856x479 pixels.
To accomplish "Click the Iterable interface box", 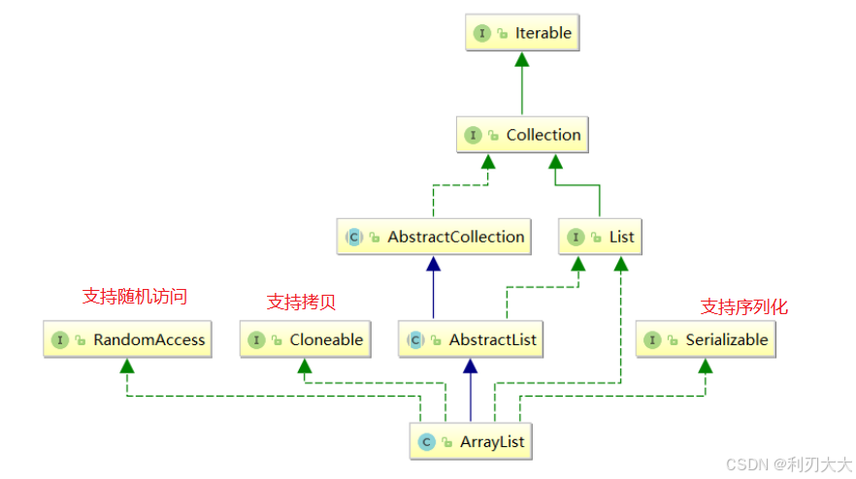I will pos(522,33).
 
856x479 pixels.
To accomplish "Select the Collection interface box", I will pos(522,135).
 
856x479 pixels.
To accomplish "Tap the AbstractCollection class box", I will pos(434,237).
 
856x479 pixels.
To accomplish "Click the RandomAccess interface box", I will pos(128,339).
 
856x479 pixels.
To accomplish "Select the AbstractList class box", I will pos(471,339).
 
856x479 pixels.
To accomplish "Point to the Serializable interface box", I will pos(706,339).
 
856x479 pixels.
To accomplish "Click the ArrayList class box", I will pos(471,441).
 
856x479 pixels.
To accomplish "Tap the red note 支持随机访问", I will pos(134,297).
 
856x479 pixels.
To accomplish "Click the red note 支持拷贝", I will pos(301,302).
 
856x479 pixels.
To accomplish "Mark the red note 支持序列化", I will pos(744,306).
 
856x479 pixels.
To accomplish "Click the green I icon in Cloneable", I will pos(257,339).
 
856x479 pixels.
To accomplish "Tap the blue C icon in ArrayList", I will pos(425,441).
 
